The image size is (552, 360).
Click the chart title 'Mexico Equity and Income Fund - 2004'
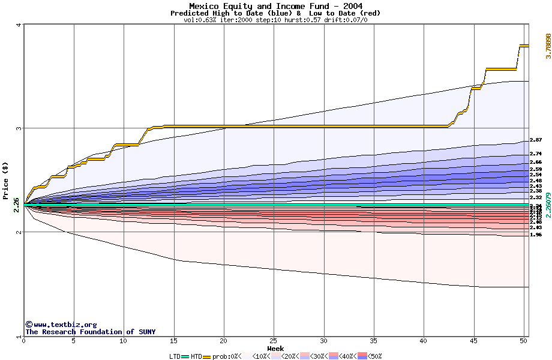pyautogui.click(x=275, y=6)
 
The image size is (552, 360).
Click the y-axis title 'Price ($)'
pyautogui.click(x=5, y=181)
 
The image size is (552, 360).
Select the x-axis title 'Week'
pyautogui.click(x=275, y=348)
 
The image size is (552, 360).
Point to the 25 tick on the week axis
pyautogui.click(x=274, y=341)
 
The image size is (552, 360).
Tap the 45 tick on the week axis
pyautogui.click(x=474, y=341)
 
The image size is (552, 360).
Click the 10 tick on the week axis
pyautogui.click(x=123, y=341)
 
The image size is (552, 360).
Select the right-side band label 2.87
pyautogui.click(x=536, y=140)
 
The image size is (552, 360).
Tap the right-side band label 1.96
pyautogui.click(x=536, y=235)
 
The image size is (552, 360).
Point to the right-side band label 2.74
pyautogui.click(x=536, y=154)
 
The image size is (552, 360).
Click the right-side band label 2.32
pyautogui.click(x=536, y=197)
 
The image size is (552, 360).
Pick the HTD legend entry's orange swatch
pyautogui.click(x=208, y=356)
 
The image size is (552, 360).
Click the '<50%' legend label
pyautogui.click(x=373, y=356)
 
